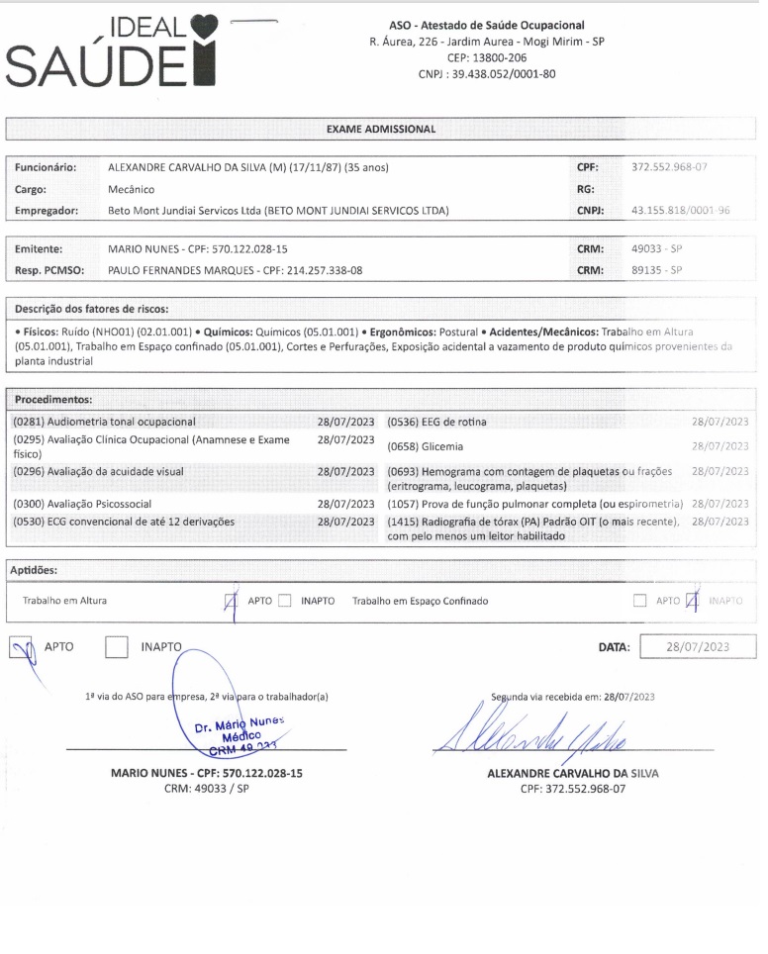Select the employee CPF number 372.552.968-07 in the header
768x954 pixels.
point(669,168)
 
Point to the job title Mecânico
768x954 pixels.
point(131,189)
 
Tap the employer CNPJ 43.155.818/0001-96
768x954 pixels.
point(679,210)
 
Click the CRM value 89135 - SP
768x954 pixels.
point(658,270)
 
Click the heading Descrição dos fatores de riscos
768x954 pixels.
point(92,309)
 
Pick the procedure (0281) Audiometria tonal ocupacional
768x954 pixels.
point(104,422)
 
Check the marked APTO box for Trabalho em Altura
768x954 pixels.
point(232,601)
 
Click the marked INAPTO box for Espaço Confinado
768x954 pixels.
point(694,601)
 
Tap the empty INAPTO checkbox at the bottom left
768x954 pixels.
point(117,647)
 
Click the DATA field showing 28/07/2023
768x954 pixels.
point(698,647)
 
